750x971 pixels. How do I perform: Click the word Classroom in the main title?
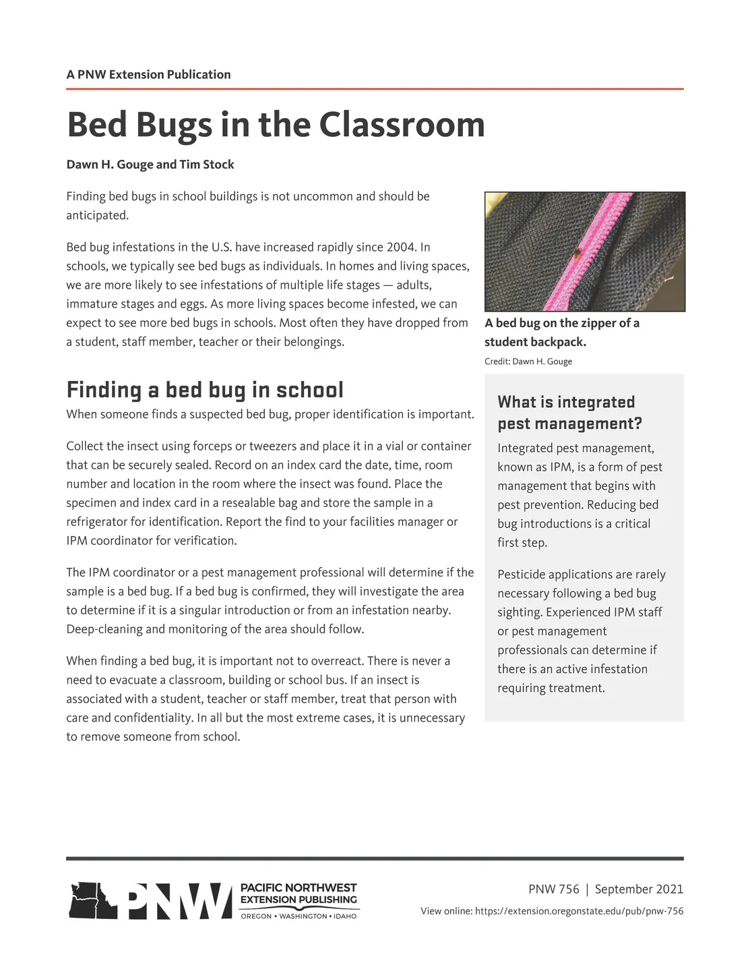coord(402,125)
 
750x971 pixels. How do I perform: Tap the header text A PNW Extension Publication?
coord(148,74)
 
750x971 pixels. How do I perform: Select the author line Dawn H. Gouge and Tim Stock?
coord(150,165)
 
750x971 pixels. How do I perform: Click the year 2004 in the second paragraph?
coord(401,247)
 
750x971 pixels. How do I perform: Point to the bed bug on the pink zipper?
coord(577,255)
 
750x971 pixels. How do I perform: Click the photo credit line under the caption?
coord(528,361)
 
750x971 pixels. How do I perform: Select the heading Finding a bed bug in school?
coord(205,390)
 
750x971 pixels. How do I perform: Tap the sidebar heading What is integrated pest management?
coord(569,413)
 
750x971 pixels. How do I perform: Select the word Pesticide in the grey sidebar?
coord(522,575)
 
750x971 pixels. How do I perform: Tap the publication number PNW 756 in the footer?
coord(554,889)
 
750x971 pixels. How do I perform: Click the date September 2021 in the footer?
coord(639,889)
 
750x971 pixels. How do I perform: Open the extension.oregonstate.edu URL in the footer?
coord(579,911)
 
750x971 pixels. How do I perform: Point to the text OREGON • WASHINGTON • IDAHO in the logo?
coord(299,916)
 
